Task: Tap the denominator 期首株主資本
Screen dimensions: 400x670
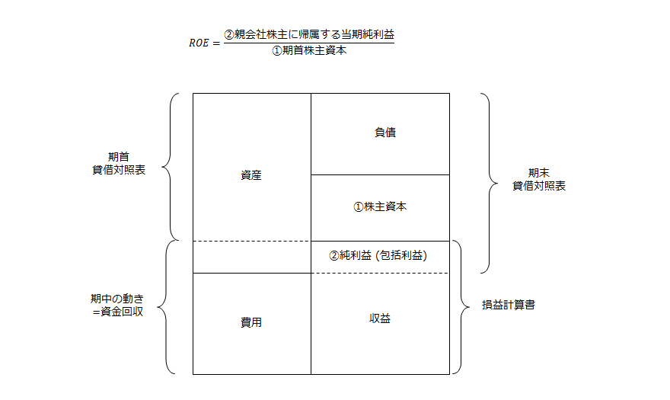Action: pos(309,52)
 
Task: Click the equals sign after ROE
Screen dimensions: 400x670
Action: pos(217,43)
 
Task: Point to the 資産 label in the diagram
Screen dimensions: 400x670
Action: pos(251,175)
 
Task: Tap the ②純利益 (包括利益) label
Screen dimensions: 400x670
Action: pos(378,256)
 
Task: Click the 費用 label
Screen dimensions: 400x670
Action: pos(251,322)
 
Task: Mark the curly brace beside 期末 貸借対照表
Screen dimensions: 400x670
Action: pos(485,182)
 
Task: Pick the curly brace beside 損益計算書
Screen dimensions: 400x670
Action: pos(459,307)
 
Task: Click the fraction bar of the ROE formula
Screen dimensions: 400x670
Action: pos(309,43)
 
